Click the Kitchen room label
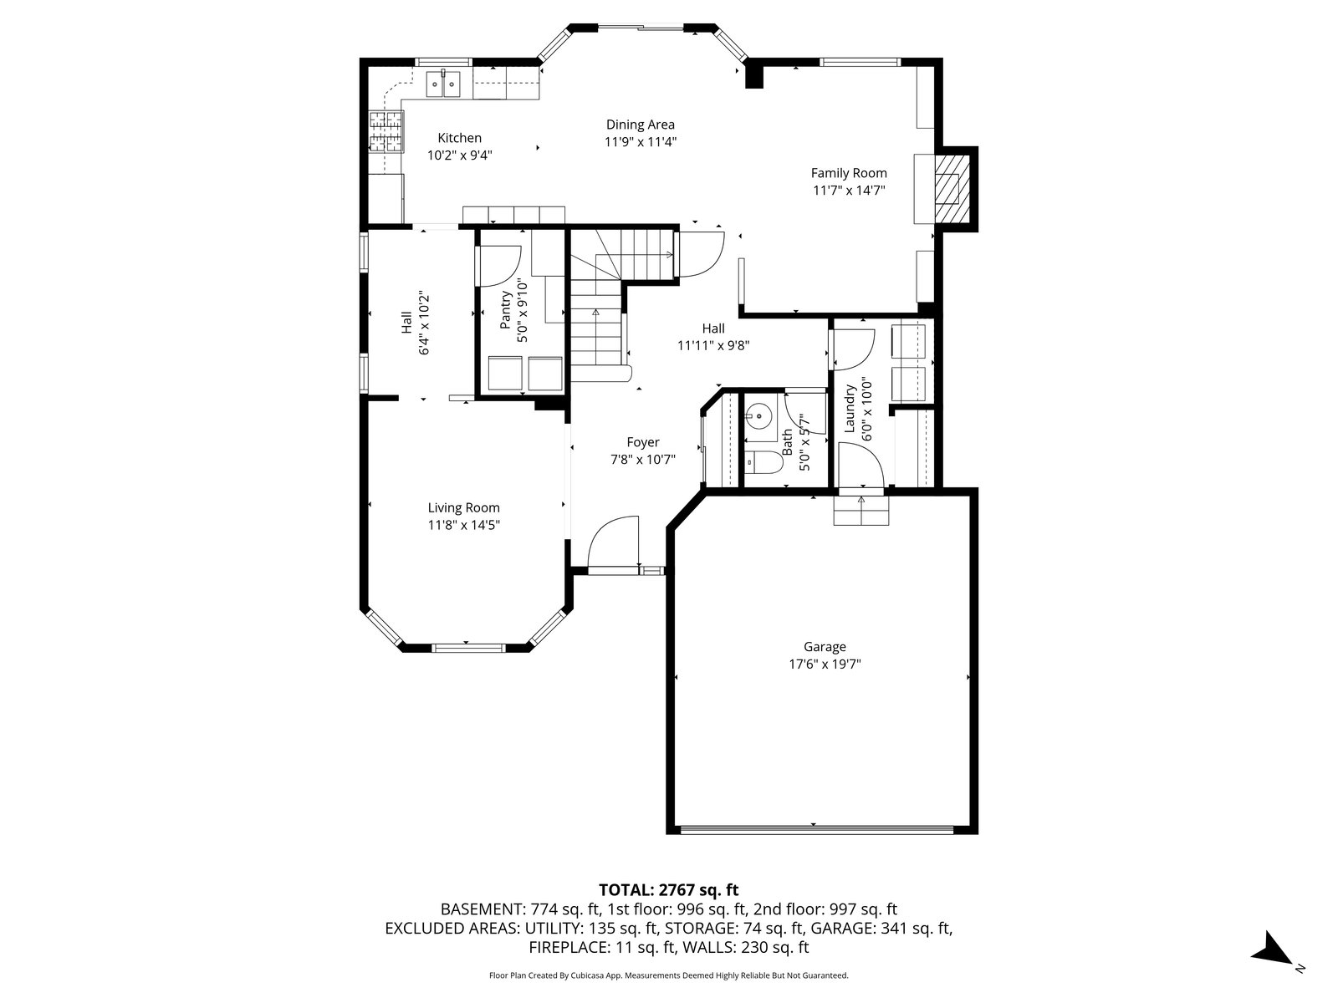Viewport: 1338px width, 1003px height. (x=460, y=138)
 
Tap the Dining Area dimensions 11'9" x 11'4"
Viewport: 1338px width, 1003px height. (x=641, y=142)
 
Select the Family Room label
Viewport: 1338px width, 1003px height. (x=849, y=174)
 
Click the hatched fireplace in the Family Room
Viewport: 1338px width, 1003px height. (x=952, y=189)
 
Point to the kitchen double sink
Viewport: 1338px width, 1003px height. (x=443, y=84)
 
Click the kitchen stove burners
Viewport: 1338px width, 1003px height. (x=386, y=131)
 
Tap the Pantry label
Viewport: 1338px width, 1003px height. (x=505, y=310)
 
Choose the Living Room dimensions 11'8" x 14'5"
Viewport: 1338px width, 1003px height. (x=464, y=525)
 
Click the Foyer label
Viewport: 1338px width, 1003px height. (x=643, y=443)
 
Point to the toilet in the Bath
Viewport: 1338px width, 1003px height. (x=763, y=462)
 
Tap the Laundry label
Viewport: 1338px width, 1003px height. (x=849, y=409)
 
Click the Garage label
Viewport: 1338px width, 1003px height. (x=825, y=647)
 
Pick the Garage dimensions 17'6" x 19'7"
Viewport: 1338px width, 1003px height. (x=825, y=664)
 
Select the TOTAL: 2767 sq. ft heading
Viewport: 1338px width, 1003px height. (x=669, y=890)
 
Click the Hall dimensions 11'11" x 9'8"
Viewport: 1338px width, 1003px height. (x=713, y=346)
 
